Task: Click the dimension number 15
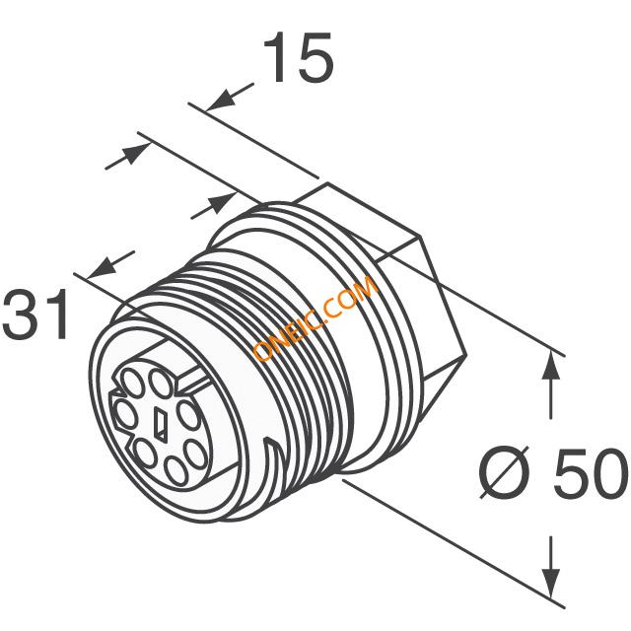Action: [x=298, y=57]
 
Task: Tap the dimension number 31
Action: [x=35, y=314]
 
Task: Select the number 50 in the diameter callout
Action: [x=591, y=472]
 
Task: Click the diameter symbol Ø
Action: [x=505, y=472]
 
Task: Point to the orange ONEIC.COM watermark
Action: [x=315, y=317]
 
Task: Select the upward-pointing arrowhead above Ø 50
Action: [x=550, y=365]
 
